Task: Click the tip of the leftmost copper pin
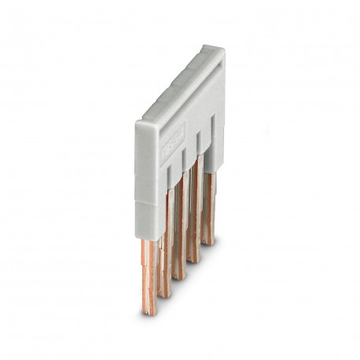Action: point(149,311)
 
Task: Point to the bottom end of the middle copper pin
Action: point(179,276)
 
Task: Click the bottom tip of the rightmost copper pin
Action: point(208,241)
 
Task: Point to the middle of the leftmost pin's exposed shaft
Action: point(149,275)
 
